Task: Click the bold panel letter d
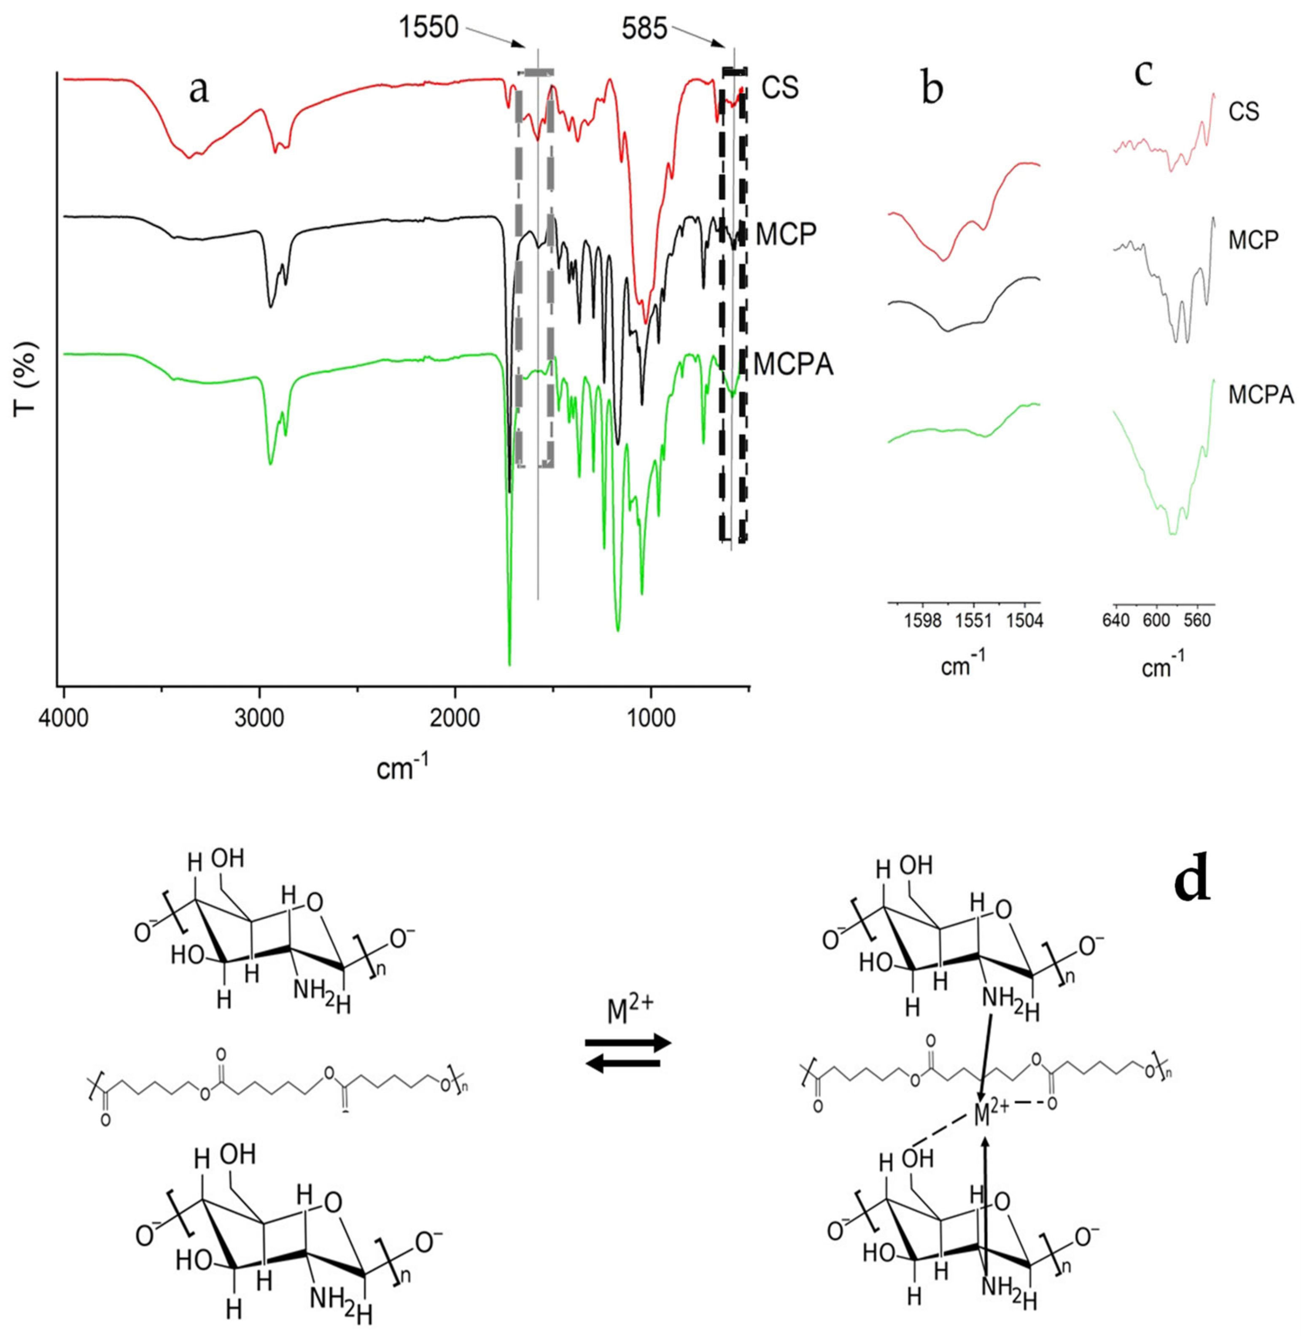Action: point(1191,882)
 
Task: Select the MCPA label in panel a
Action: point(793,364)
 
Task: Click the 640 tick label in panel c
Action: point(1116,622)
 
